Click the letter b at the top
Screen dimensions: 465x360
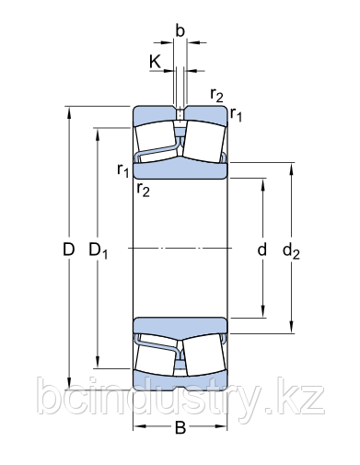pyautogui.click(x=180, y=31)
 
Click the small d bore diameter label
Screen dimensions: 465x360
pyautogui.click(x=262, y=250)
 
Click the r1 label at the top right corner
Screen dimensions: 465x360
pyautogui.click(x=237, y=114)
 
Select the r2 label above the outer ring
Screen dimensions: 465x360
pyautogui.click(x=216, y=94)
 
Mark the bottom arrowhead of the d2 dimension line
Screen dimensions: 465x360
pyautogui.click(x=292, y=324)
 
